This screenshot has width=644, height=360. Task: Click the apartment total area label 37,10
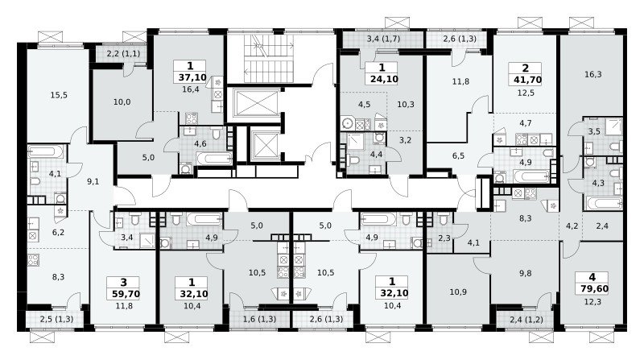coord(192,77)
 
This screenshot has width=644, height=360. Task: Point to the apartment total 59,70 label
coord(126,294)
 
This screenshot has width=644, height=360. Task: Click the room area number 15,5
coord(59,95)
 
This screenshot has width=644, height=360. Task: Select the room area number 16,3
coord(592,74)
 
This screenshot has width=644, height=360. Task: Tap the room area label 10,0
coord(122,102)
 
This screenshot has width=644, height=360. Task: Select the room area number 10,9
coord(458,292)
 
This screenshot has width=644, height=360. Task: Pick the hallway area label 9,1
coord(93,181)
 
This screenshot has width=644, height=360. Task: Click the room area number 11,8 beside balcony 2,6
coord(460,81)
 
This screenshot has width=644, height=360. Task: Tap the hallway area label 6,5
coord(458,155)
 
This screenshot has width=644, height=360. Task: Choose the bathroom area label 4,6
coord(200,143)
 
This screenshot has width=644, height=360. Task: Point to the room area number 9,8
coord(526,273)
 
